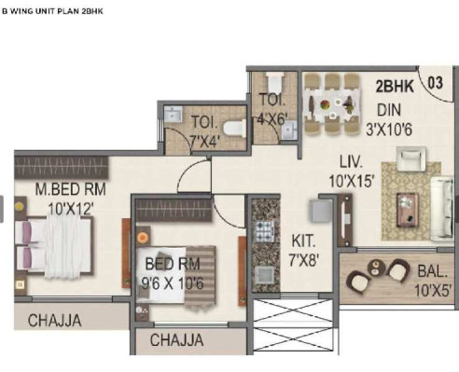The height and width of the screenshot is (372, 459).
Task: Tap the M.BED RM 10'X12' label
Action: click(x=60, y=198)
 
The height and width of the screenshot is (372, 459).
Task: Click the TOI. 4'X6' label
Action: click(x=272, y=110)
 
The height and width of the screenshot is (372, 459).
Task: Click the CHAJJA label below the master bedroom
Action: click(x=54, y=321)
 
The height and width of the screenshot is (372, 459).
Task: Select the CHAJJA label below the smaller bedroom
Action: click(x=176, y=340)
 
